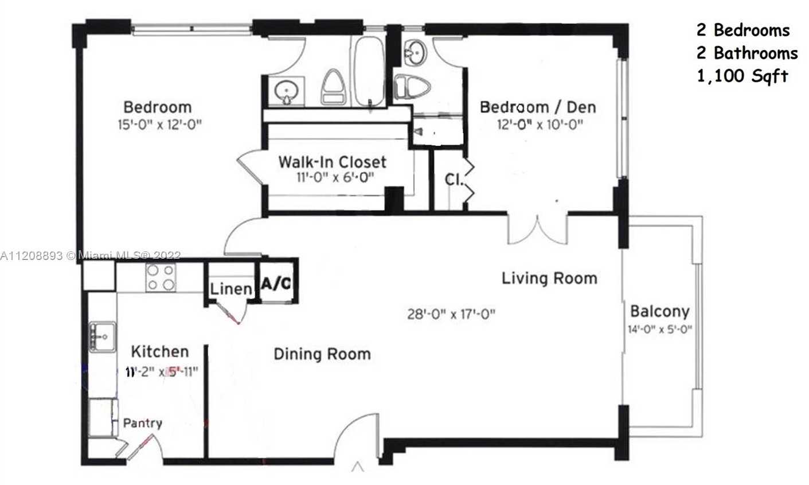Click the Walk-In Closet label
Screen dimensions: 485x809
click(332, 162)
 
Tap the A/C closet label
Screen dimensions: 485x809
click(276, 283)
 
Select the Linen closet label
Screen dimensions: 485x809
click(231, 289)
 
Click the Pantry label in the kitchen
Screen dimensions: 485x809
click(143, 424)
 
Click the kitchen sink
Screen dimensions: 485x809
click(102, 336)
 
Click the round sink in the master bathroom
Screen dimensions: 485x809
click(286, 92)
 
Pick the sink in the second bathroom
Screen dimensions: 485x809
click(414, 53)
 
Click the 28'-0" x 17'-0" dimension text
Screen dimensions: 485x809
click(451, 314)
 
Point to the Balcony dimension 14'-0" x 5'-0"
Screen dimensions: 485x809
click(660, 329)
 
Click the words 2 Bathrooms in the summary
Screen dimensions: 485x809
click(747, 53)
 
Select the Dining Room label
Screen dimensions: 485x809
click(322, 354)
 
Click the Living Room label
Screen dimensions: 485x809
click(549, 278)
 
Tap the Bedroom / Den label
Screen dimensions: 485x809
click(537, 107)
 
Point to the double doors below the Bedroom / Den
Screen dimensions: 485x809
click(538, 228)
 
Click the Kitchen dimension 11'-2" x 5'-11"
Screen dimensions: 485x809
click(162, 371)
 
